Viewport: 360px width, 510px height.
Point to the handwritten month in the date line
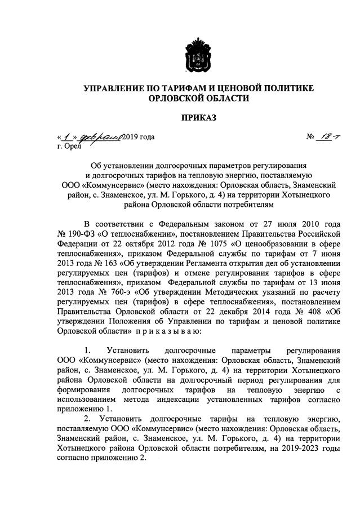point(100,137)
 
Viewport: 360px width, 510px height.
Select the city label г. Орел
point(69,147)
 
